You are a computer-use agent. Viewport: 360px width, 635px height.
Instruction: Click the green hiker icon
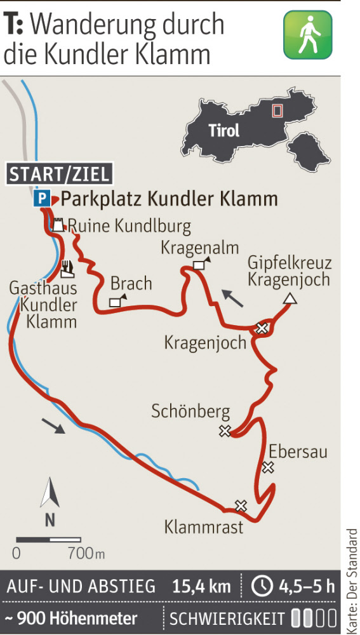point(307,34)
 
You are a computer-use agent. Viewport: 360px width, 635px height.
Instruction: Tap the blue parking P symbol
point(41,199)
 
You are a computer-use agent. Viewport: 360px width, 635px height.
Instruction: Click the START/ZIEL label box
point(60,174)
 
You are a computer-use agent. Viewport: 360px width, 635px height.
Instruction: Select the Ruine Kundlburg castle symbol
point(58,225)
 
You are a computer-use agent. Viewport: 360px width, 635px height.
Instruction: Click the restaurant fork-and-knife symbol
point(67,268)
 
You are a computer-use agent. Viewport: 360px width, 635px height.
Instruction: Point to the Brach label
point(131,283)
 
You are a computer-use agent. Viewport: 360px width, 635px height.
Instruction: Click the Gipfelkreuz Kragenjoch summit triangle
point(290,299)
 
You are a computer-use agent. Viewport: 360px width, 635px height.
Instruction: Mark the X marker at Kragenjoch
point(261,328)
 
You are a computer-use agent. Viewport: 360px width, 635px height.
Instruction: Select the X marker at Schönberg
point(224,432)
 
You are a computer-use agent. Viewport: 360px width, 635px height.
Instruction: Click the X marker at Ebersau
point(268,468)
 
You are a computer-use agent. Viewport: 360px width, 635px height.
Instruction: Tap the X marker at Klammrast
point(240,505)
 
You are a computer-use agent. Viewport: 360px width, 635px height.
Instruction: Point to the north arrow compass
point(50,502)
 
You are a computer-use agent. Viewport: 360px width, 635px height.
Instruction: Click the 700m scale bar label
point(85,553)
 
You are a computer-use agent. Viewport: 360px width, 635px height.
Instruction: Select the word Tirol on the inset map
point(224,131)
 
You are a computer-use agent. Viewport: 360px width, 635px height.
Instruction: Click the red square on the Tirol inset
point(276,110)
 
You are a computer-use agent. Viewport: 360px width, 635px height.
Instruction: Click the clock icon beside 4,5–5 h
point(262,586)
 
